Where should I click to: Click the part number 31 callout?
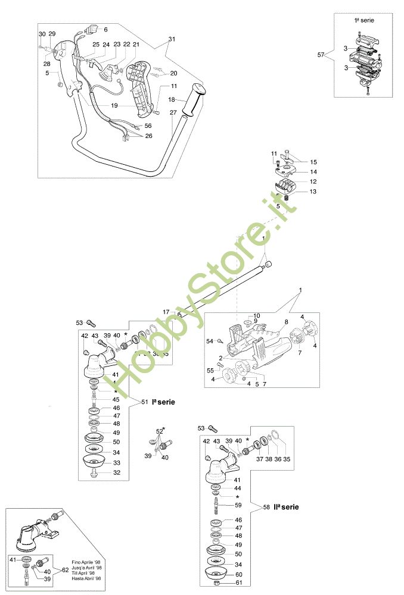point(172,39)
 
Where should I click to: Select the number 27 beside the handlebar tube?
point(173,112)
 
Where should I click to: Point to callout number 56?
point(148,126)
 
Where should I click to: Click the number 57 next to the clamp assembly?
point(321,55)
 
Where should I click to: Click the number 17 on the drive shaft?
point(167,311)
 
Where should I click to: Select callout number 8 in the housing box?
point(286,322)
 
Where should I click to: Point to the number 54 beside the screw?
point(209,341)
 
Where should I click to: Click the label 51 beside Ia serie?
point(144,402)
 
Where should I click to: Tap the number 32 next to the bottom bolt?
point(116,473)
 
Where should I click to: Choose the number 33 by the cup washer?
point(116,462)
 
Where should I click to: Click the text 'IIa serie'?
point(286,508)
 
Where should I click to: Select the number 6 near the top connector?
point(106,29)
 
